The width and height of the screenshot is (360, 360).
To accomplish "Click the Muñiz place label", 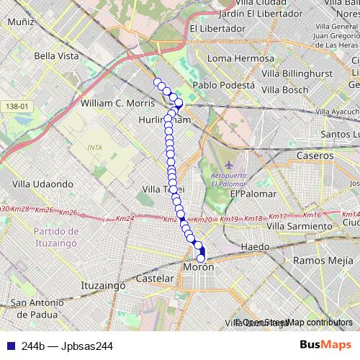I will click(x=21, y=22).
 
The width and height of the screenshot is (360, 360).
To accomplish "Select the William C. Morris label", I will click(x=117, y=103).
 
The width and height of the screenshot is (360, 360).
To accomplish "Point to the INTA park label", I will click(x=94, y=148).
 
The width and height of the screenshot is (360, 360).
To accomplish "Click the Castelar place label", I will click(x=155, y=278).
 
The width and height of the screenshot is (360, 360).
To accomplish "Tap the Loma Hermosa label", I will click(x=240, y=58).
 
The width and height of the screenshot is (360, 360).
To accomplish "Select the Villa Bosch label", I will click(x=284, y=90).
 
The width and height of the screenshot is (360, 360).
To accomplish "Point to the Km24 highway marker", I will click(x=124, y=218).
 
